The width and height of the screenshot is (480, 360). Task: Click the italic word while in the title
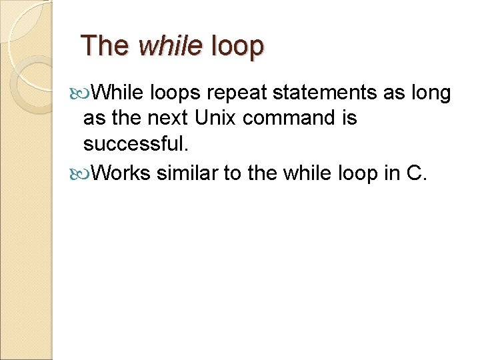170,46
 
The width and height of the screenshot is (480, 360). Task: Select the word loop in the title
237,47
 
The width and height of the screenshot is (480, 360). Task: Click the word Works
121,173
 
